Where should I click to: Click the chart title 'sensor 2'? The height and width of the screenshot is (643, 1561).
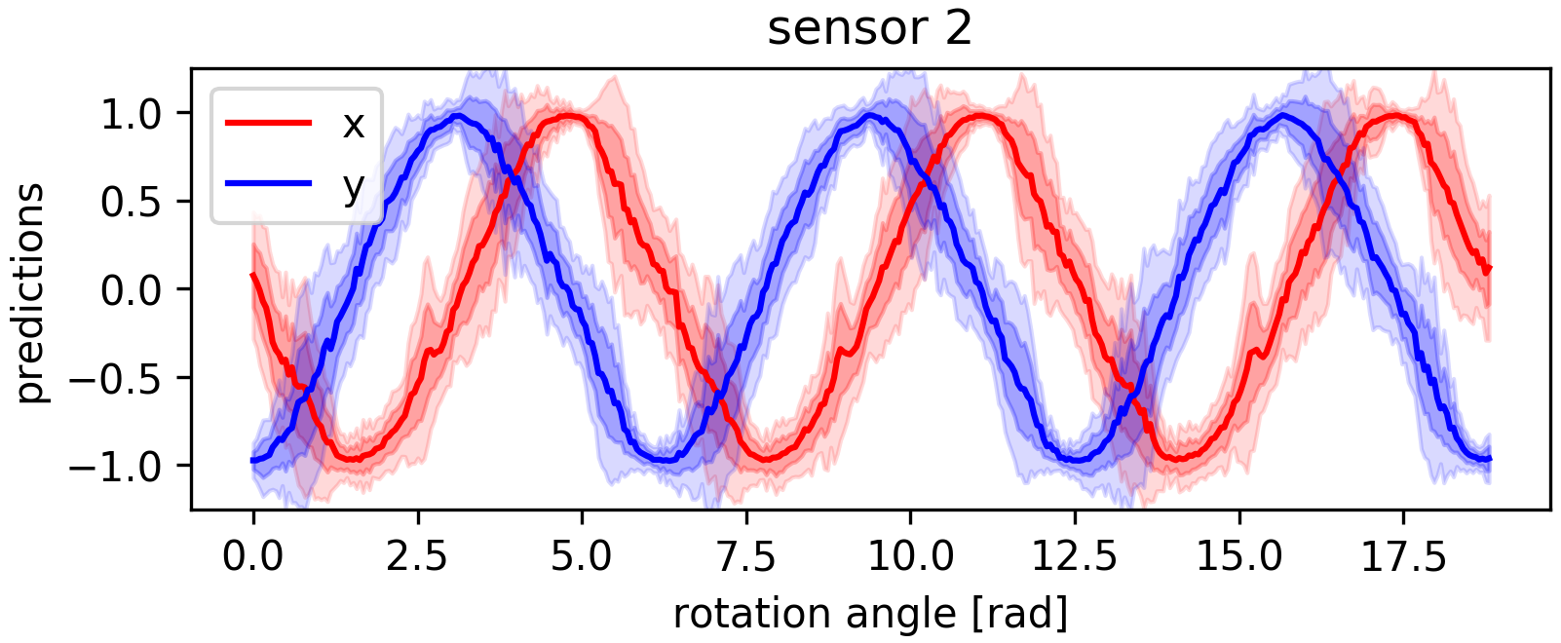[x=869, y=29]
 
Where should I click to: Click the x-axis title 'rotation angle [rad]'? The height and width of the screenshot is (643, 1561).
[x=870, y=614]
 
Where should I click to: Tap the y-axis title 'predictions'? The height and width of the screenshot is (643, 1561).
[x=30, y=292]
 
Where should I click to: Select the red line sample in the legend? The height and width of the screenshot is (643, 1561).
[x=268, y=123]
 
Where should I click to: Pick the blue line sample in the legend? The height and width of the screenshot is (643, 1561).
[x=268, y=183]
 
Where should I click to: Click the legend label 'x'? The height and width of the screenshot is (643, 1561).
[x=353, y=124]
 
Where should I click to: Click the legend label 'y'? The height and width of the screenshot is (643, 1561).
[x=353, y=185]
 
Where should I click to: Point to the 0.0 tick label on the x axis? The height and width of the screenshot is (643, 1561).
[x=253, y=558]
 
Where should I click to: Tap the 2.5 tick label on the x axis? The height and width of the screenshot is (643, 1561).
[x=418, y=558]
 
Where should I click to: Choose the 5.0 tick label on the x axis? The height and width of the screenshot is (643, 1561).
[x=582, y=558]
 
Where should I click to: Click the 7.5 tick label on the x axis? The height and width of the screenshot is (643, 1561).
[x=746, y=558]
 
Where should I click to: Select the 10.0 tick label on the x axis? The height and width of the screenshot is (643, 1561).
[x=910, y=558]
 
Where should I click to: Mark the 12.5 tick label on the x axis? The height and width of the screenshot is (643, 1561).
[x=1075, y=558]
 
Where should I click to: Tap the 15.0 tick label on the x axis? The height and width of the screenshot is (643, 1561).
[x=1238, y=558]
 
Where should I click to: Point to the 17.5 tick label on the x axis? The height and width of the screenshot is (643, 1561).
[x=1403, y=558]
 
